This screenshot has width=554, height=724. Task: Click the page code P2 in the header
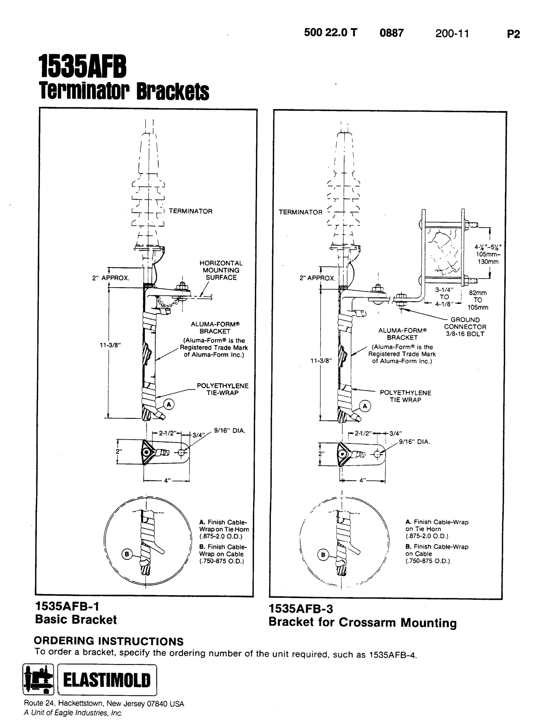pyautogui.click(x=513, y=34)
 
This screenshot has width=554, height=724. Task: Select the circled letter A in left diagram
pyautogui.click(x=169, y=404)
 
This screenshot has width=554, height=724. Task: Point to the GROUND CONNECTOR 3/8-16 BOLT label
pyautogui.click(x=465, y=327)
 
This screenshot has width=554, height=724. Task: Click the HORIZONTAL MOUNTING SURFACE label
pyautogui.click(x=221, y=270)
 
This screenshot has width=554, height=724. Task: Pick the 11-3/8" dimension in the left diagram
pyautogui.click(x=110, y=345)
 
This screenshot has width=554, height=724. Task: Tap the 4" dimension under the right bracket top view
pyautogui.click(x=363, y=481)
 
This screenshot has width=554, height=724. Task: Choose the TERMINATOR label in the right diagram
pyautogui.click(x=301, y=212)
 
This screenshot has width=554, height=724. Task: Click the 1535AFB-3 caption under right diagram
pyautogui.click(x=301, y=609)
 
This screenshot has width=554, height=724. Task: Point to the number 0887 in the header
pyautogui.click(x=391, y=33)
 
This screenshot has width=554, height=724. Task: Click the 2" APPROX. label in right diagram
pyautogui.click(x=317, y=278)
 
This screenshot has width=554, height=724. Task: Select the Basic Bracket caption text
pyautogui.click(x=76, y=620)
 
